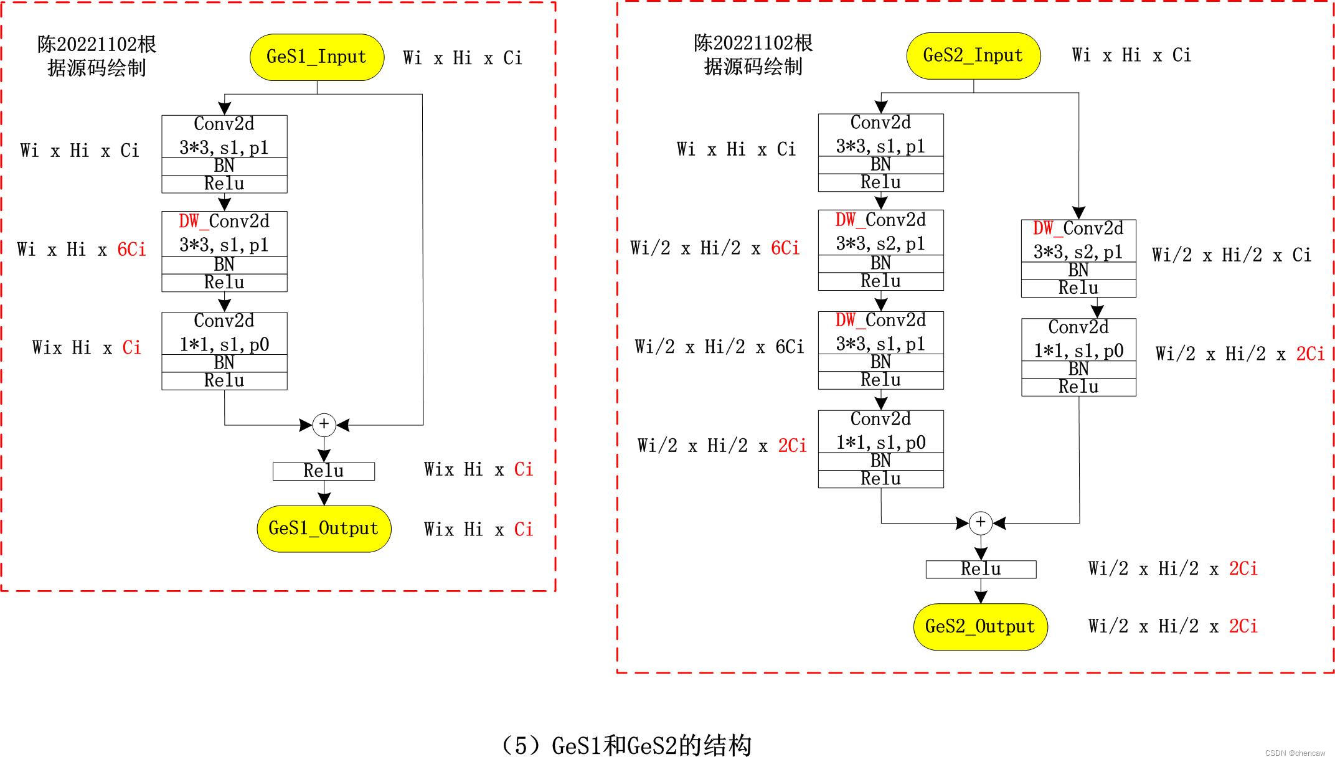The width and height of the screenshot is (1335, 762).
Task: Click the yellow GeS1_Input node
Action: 316,57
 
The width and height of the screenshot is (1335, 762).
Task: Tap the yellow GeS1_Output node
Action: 324,529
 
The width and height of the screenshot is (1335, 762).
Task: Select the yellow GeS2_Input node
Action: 973,55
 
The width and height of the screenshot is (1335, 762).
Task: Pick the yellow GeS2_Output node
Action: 980,626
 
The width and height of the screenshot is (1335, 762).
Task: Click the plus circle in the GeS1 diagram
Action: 324,425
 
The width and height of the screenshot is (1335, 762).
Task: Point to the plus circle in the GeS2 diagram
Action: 981,522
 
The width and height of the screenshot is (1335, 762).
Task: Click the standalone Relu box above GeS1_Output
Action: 324,471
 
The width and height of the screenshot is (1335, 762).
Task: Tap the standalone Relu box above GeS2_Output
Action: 981,569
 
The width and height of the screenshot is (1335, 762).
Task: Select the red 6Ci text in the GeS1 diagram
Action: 131,250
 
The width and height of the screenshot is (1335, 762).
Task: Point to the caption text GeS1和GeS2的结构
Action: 651,745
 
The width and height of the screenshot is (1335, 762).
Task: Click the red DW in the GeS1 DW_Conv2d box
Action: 189,221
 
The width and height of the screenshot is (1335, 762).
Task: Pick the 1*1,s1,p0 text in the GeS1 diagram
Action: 224,344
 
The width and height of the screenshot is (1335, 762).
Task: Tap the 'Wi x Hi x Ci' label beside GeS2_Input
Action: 1131,55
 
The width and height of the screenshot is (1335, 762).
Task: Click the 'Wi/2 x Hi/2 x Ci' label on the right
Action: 1231,255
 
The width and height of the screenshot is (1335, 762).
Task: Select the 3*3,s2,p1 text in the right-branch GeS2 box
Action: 1078,252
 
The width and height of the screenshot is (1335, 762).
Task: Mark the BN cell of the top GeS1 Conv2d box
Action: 224,166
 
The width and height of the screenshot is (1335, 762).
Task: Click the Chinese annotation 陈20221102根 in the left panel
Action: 97,44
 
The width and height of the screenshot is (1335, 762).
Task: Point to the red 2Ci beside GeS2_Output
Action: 1243,626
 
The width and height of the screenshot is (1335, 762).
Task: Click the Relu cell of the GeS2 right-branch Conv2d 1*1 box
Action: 1078,387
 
